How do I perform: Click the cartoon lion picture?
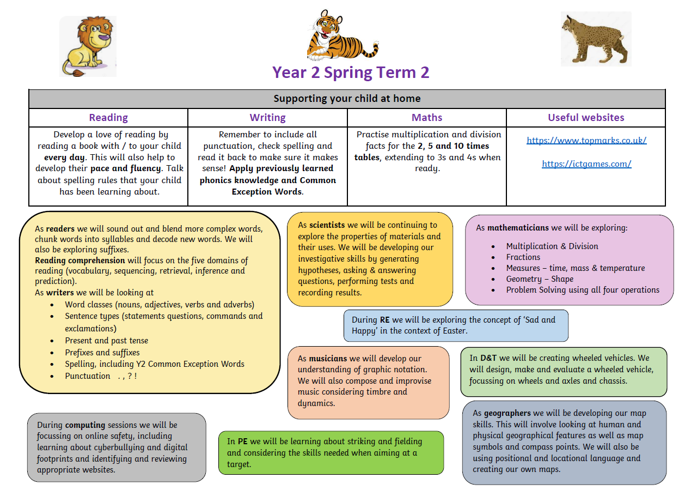click(87, 46)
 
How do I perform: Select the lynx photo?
click(596, 39)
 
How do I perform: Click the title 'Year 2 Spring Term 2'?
click(351, 72)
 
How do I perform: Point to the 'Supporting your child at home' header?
click(347, 99)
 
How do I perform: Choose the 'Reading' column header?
click(108, 118)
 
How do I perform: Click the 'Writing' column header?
click(267, 118)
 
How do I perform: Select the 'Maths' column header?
click(427, 118)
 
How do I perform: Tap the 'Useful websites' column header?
click(586, 118)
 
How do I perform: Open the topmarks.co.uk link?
click(586, 140)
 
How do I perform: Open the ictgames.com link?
click(586, 164)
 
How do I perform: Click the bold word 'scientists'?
click(327, 225)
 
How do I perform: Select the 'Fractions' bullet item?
click(523, 257)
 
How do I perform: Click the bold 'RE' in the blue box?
click(384, 320)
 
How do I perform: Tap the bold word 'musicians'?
click(328, 359)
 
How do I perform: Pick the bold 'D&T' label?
click(488, 358)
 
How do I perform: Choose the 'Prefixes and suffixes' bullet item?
click(102, 353)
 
